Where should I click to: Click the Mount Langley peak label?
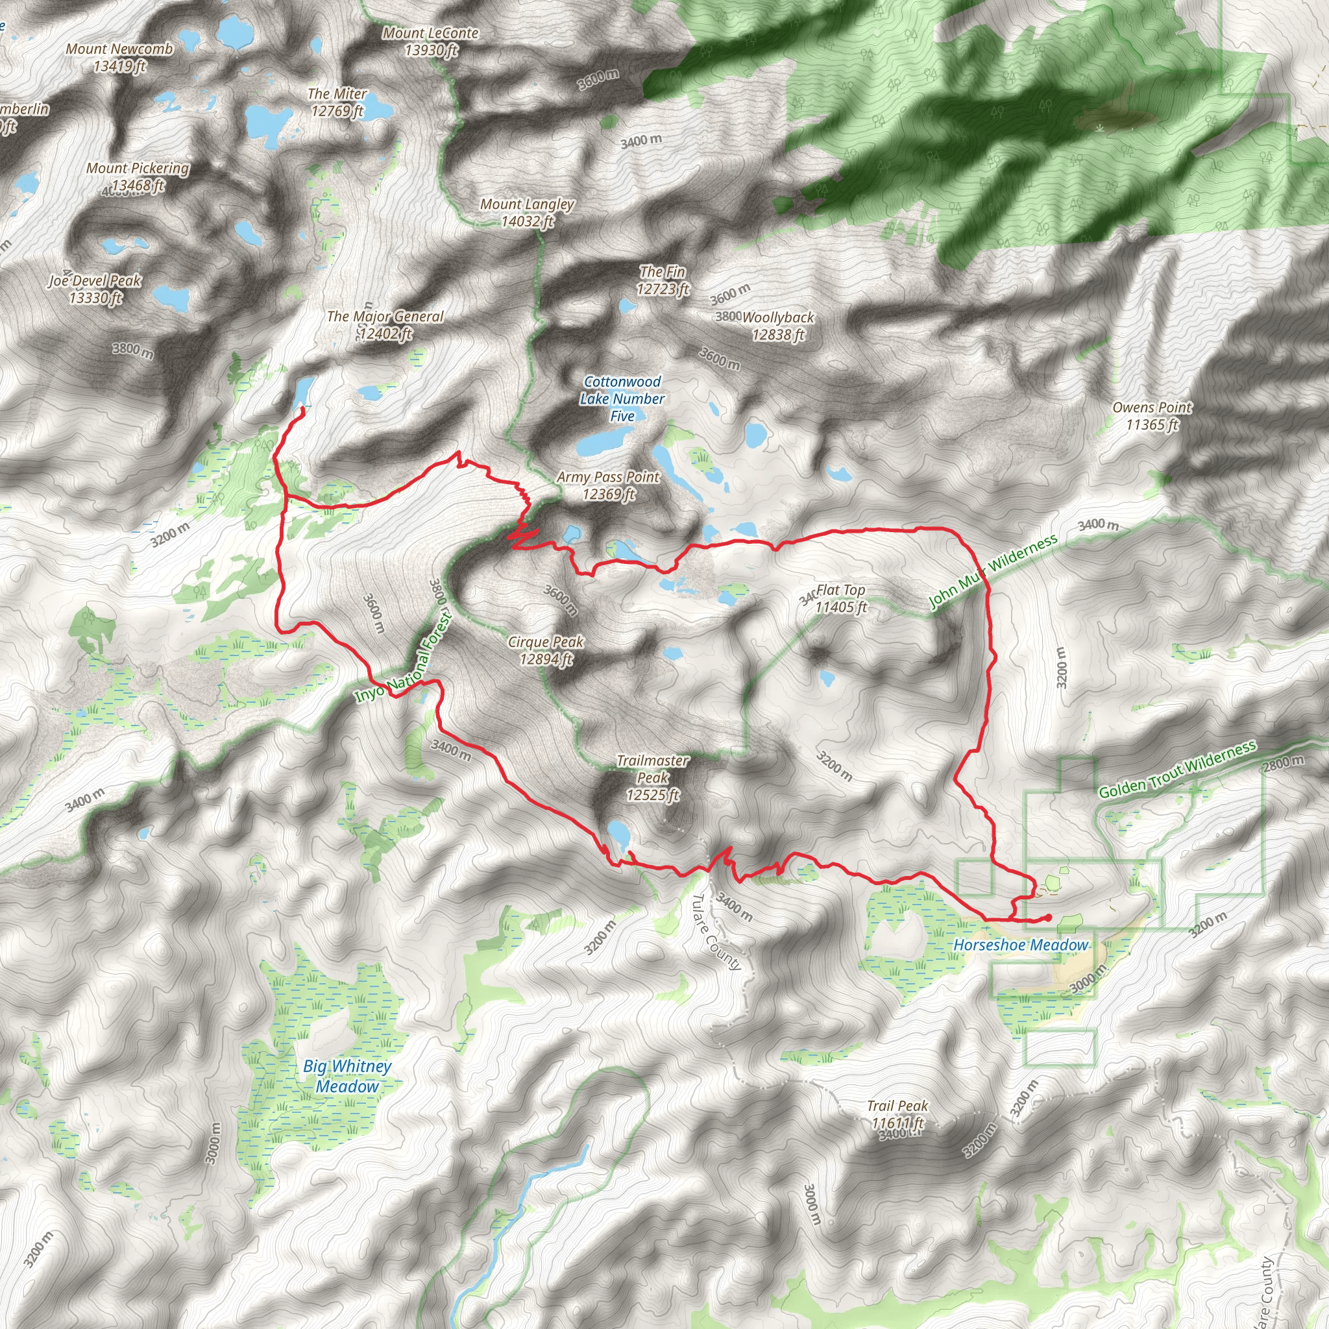click(x=527, y=213)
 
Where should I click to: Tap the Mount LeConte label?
click(x=431, y=42)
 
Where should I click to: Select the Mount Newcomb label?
click(x=119, y=58)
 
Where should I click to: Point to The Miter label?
click(x=337, y=102)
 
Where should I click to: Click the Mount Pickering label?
click(x=138, y=177)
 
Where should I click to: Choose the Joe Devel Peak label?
click(x=95, y=289)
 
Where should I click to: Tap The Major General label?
click(x=385, y=324)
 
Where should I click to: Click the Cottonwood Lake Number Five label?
click(x=622, y=399)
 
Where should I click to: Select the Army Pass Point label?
click(x=608, y=485)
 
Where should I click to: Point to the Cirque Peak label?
click(x=546, y=651)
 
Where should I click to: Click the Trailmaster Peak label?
click(x=652, y=778)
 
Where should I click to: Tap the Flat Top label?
click(x=840, y=598)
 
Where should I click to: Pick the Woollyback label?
click(x=778, y=326)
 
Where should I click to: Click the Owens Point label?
click(x=1152, y=415)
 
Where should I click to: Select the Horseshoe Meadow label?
click(x=1020, y=945)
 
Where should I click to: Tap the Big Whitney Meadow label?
click(x=347, y=1077)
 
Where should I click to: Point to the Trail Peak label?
click(x=897, y=1114)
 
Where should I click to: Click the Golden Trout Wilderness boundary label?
click(x=1177, y=770)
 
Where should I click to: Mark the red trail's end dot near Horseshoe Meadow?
click(x=1047, y=918)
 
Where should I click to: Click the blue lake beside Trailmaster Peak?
click(x=618, y=835)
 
